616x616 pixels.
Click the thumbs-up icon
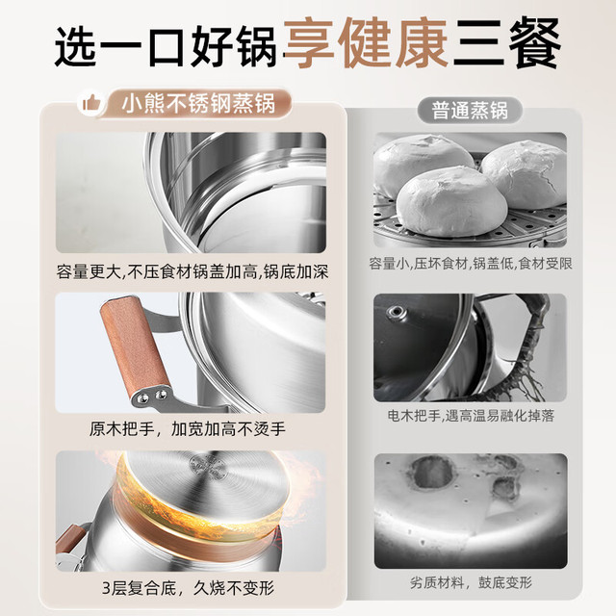tap(91, 104)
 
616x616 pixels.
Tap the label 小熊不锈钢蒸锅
tap(198, 103)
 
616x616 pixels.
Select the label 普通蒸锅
tap(470, 111)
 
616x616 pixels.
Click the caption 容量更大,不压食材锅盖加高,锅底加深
tap(192, 271)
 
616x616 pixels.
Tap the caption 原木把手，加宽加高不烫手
tap(188, 429)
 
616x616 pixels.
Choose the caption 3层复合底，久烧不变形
tap(189, 588)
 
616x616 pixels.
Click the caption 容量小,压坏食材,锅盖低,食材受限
tap(471, 263)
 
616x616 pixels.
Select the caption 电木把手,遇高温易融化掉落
tap(471, 415)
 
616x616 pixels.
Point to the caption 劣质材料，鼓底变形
tap(471, 581)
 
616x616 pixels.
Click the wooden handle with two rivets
tap(136, 350)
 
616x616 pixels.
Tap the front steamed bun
tap(451, 202)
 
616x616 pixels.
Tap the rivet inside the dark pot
tap(395, 313)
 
